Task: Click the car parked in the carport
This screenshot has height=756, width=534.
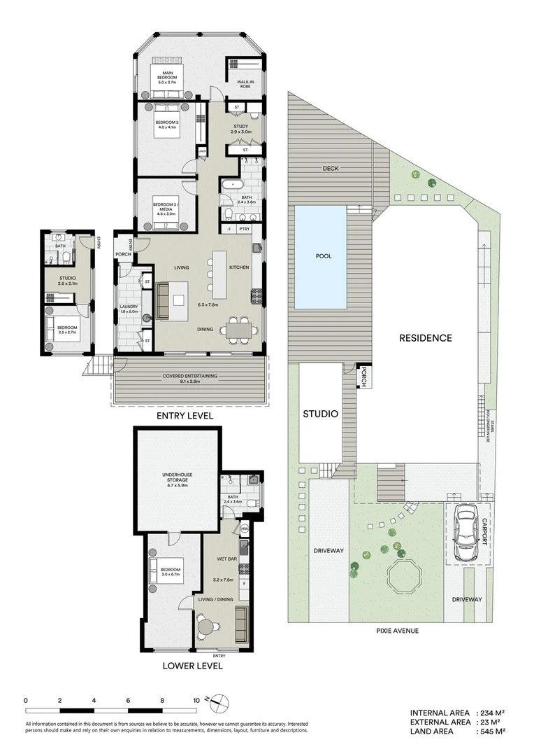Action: pos(464,533)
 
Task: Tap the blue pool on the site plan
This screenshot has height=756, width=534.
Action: pos(321,257)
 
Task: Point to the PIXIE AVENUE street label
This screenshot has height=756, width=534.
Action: pos(396,630)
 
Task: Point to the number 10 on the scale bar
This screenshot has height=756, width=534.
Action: pos(196,699)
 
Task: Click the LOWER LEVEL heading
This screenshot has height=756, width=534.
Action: pos(192,666)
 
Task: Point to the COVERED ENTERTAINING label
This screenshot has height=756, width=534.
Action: pos(189,377)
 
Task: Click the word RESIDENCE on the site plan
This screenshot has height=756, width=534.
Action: pos(425,337)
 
